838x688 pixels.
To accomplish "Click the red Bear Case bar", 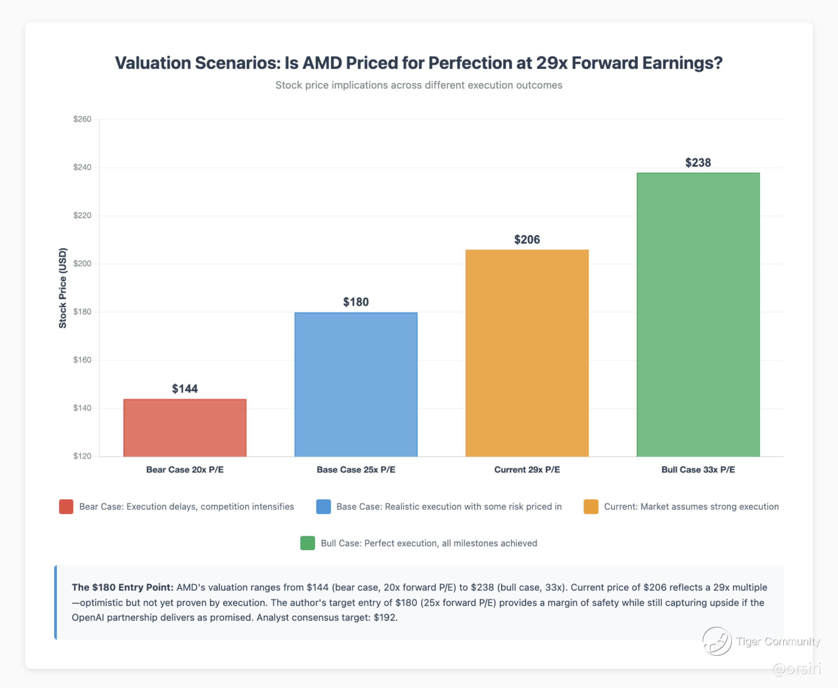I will (x=185, y=428).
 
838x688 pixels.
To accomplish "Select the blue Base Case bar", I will (x=356, y=384).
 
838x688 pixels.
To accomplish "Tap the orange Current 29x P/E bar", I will (x=527, y=353).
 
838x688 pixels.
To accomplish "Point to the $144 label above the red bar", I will (x=185, y=389).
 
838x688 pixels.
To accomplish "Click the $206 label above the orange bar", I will (x=527, y=239).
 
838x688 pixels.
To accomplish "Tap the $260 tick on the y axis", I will (x=82, y=119).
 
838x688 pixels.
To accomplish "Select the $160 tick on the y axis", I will (x=82, y=360).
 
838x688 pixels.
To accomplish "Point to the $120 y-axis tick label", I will (x=82, y=456).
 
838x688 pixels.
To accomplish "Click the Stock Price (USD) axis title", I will (x=63, y=288).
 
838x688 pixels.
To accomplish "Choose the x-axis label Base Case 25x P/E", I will (x=356, y=470).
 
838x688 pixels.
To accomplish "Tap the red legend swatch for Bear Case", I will (x=66, y=507).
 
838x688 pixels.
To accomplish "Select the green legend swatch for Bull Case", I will (x=308, y=543).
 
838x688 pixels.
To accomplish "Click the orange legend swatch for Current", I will (x=591, y=507).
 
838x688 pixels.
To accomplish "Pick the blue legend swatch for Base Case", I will (x=323, y=507).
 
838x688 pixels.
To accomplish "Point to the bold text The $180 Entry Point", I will (x=122, y=587).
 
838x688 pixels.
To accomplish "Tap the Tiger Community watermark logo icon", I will (x=717, y=641).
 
